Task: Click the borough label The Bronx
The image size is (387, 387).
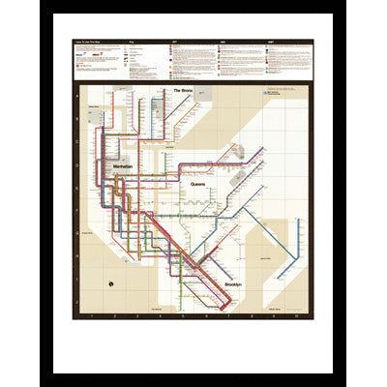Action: (x=184, y=90)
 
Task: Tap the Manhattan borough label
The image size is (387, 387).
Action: (x=123, y=167)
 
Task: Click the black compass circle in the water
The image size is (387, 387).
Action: (x=112, y=283)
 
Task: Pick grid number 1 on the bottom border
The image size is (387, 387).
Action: (x=90, y=315)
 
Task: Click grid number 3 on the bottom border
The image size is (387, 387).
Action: (x=135, y=315)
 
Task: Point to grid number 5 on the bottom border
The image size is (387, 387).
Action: (x=182, y=315)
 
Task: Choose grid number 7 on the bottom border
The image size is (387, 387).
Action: (x=228, y=315)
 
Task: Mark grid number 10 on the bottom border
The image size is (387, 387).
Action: (x=297, y=315)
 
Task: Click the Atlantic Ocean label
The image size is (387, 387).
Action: (x=274, y=308)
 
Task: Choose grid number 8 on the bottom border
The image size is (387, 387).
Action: (x=252, y=315)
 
